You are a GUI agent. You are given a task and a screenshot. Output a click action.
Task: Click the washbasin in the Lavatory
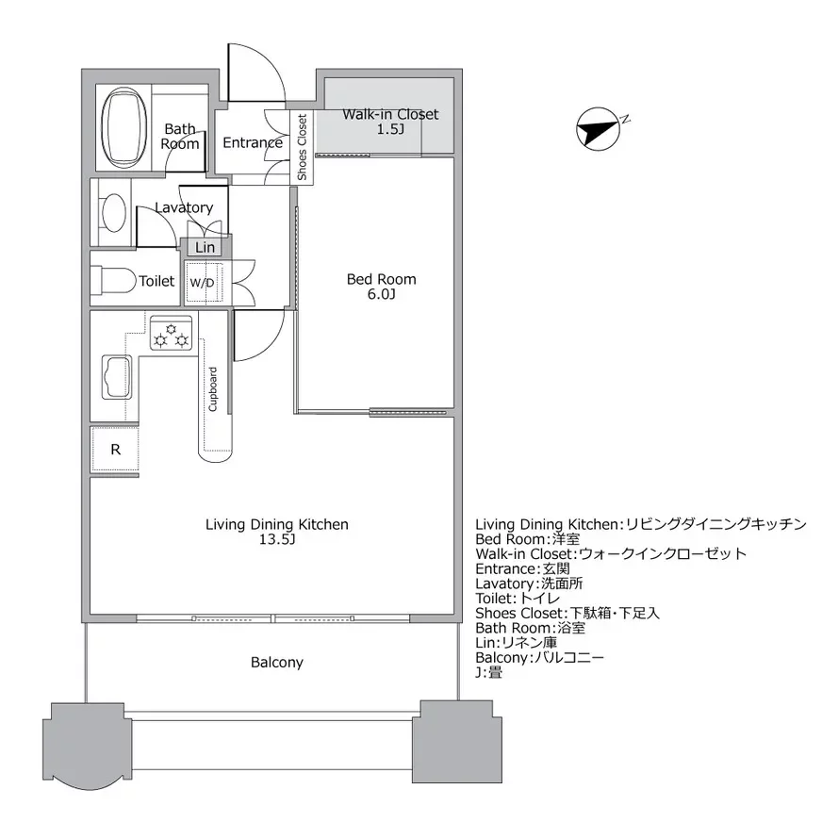(x=114, y=212)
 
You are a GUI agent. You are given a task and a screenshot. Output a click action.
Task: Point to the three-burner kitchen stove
(x=172, y=333)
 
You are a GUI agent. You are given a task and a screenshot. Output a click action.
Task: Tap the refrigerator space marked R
(x=115, y=450)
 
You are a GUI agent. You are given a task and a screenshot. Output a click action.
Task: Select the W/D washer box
(x=202, y=282)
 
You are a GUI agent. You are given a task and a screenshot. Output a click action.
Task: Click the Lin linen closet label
(x=205, y=247)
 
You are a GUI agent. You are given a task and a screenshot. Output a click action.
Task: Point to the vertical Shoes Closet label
(x=302, y=147)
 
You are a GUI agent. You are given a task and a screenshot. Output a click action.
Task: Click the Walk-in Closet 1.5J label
(x=389, y=122)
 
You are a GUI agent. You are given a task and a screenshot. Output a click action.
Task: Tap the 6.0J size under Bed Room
(x=381, y=295)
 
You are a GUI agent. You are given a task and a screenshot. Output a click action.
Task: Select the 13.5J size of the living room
(x=277, y=540)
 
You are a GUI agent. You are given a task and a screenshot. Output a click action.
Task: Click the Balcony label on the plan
(x=277, y=662)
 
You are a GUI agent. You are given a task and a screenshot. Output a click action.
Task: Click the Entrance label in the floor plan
(x=252, y=143)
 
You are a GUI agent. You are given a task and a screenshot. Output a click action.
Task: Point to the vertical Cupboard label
(x=213, y=388)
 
